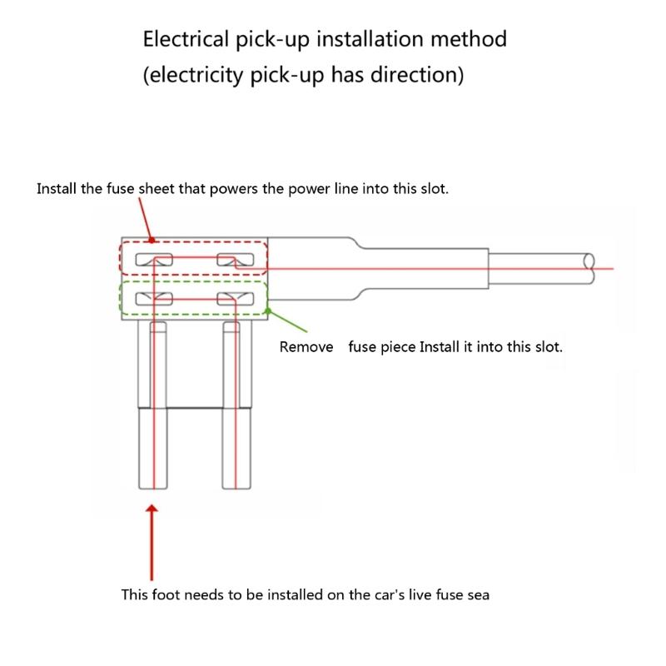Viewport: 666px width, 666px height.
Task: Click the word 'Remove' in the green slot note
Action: [x=306, y=346]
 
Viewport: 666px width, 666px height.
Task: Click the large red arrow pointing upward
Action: [x=152, y=541]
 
